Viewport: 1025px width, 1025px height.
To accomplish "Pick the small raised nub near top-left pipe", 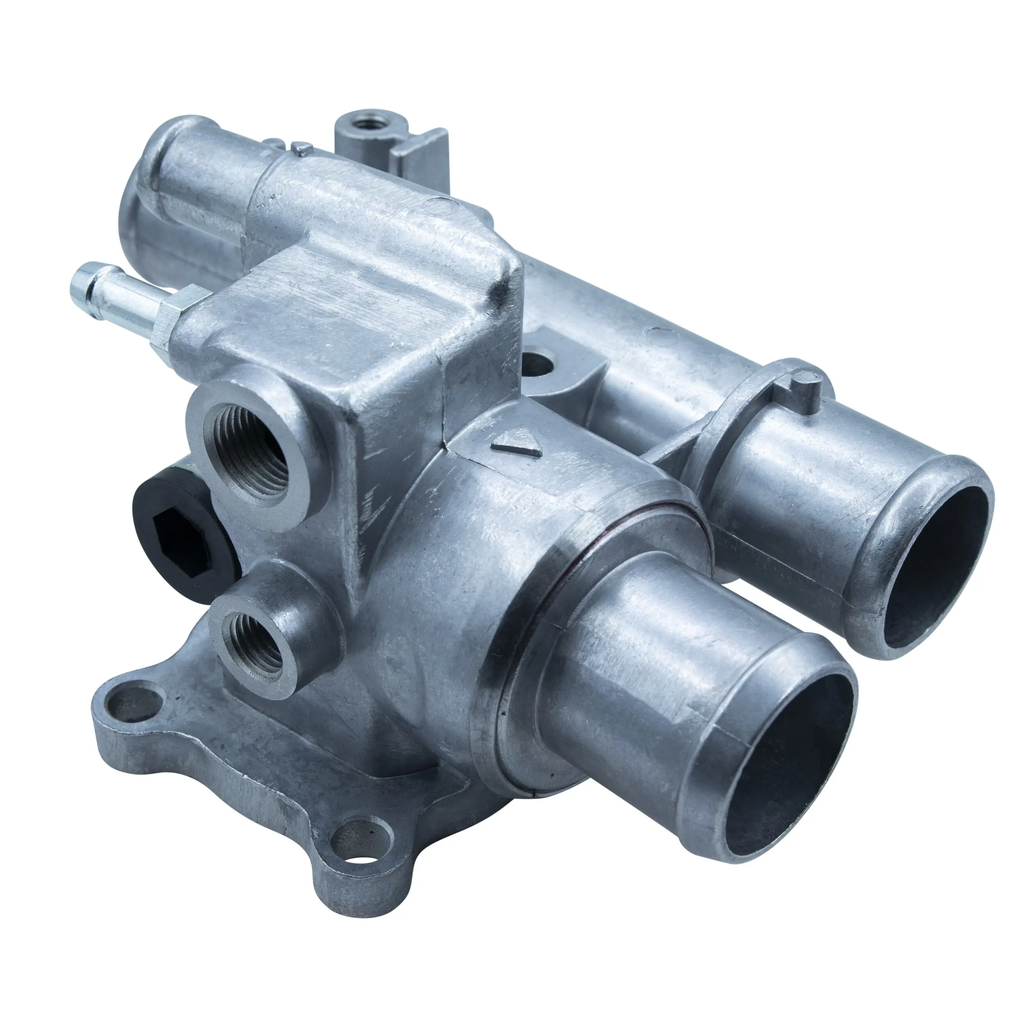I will coord(301,148).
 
